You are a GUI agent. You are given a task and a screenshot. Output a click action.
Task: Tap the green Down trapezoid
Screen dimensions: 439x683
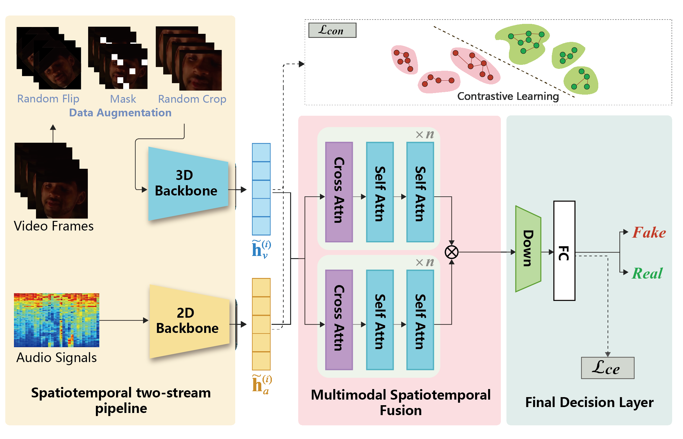[528, 249]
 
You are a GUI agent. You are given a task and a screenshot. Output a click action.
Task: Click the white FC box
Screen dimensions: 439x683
[564, 251]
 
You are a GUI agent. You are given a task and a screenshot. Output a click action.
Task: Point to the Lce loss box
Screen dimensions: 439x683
[607, 368]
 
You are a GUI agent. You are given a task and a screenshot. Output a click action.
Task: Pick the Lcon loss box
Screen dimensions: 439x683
[332, 30]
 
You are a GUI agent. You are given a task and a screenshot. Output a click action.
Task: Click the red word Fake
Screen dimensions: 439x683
[649, 233]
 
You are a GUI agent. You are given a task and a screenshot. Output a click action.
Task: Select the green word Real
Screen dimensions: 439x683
[647, 274]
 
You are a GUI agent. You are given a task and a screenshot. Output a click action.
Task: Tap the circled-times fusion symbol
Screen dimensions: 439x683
[452, 252]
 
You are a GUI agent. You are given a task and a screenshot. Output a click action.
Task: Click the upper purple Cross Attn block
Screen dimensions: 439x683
[339, 192]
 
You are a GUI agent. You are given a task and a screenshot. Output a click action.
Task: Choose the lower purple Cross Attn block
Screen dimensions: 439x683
[339, 320]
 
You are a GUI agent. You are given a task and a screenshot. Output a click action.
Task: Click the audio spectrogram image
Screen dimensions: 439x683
[56, 320]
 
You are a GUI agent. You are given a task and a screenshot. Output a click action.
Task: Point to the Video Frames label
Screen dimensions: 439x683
[54, 226]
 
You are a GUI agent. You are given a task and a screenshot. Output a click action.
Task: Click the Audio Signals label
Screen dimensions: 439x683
[56, 358]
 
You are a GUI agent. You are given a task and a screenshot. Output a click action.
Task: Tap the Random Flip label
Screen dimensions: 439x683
[48, 99]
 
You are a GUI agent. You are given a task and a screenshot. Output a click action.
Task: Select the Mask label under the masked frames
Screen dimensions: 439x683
[123, 99]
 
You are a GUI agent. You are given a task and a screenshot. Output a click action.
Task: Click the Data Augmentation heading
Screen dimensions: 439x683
[120, 113]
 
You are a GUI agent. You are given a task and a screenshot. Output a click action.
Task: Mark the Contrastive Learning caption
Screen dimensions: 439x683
[508, 96]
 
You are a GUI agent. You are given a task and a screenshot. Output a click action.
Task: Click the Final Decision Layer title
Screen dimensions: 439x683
[589, 402]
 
